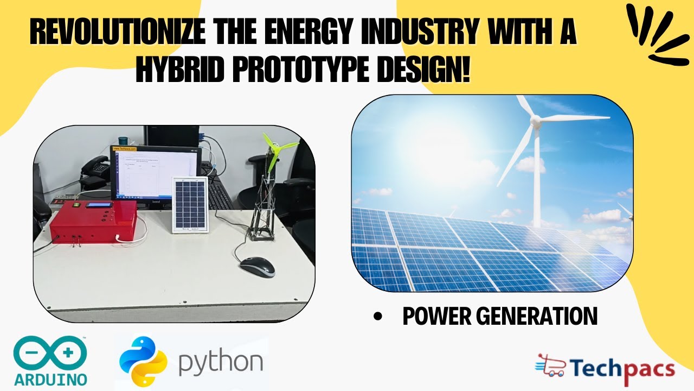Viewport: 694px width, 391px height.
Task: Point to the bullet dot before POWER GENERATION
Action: click(378, 317)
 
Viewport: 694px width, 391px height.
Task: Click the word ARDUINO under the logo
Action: click(50, 379)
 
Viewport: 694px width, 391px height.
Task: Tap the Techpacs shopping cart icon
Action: click(550, 366)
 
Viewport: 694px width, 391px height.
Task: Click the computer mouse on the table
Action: click(257, 266)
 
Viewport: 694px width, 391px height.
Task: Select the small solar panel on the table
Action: click(190, 205)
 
